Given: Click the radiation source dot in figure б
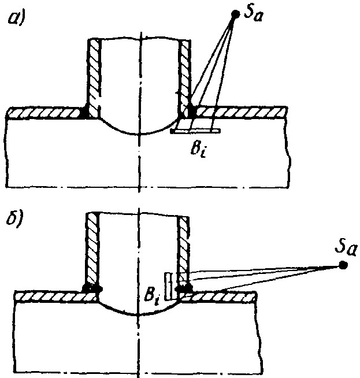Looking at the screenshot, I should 343,265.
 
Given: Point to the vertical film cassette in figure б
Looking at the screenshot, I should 168,286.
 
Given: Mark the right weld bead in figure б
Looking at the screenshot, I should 184,287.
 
